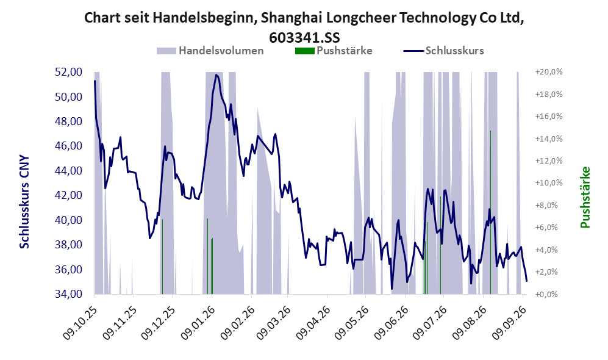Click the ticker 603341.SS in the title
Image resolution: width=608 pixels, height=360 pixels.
304,37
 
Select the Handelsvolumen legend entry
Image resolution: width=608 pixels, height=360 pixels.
210,51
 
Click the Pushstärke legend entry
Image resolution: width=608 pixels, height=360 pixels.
334,51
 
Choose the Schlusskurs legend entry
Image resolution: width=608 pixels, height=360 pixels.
443,51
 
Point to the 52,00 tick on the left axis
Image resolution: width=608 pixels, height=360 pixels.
69,72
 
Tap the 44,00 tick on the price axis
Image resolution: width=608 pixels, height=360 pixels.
69,171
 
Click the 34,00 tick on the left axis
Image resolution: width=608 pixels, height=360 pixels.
69,294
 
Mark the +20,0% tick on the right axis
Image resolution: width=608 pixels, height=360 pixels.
549,72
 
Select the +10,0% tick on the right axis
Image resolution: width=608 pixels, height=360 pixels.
549,182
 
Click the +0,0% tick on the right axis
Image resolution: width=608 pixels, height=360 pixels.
549,294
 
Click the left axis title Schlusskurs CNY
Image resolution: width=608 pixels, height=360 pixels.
24,202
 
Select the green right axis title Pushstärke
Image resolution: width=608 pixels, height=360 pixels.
585,198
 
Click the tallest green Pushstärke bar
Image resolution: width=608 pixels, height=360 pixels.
490,212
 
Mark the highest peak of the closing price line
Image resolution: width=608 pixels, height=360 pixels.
216,75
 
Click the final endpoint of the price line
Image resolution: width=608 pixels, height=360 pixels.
526,281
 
